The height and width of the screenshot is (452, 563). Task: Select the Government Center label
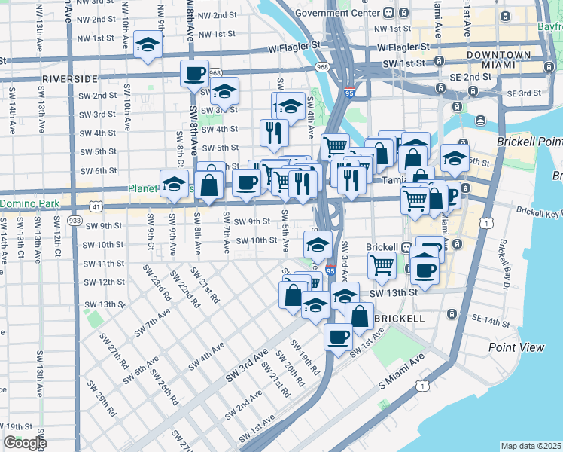pos(335,12)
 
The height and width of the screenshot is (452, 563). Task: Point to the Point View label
pos(516,347)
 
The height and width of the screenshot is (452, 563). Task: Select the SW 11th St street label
pos(103,264)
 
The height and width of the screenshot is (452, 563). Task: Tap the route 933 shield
pos(74,221)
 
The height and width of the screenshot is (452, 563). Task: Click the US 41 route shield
pos(95,206)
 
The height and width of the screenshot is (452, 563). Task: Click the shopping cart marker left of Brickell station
pos(382,264)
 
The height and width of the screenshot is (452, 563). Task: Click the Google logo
pos(25,444)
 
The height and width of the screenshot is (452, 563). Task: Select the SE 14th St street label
pos(493,322)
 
